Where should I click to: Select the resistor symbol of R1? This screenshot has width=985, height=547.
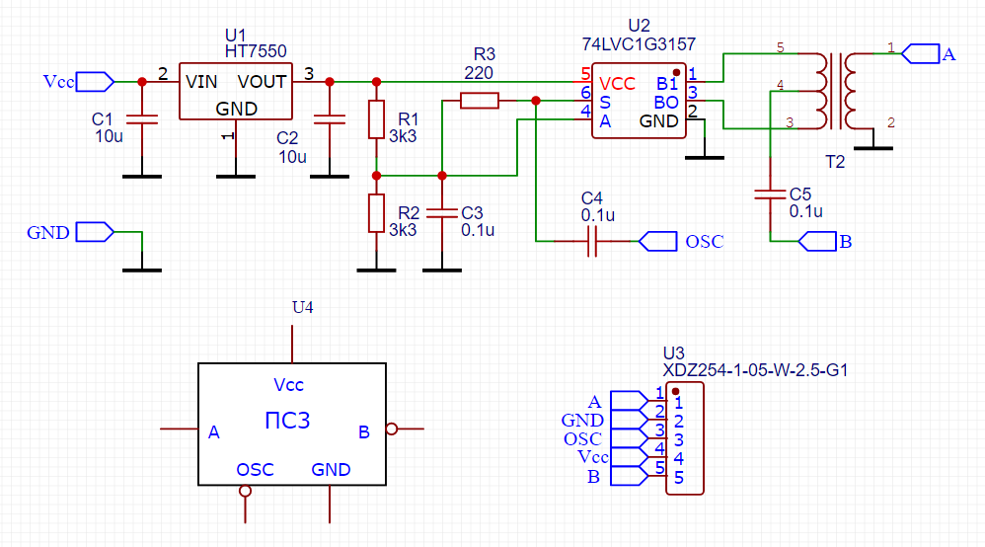coord(376,119)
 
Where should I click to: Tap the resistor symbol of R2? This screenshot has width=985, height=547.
coord(376,212)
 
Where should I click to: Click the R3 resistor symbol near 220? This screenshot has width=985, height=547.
coord(480,100)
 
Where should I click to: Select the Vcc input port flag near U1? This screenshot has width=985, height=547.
coord(94,81)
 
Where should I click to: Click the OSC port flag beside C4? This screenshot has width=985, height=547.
coord(657,240)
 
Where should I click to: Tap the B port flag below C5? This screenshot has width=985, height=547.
coord(816,240)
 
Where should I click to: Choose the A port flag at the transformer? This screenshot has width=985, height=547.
coord(921,53)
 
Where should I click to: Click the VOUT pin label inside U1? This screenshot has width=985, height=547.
coord(262,81)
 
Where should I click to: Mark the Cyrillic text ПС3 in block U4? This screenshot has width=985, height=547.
coord(288,421)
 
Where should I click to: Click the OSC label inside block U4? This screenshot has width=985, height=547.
coord(255,470)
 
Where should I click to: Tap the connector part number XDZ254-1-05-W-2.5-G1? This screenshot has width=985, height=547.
coord(755,371)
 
